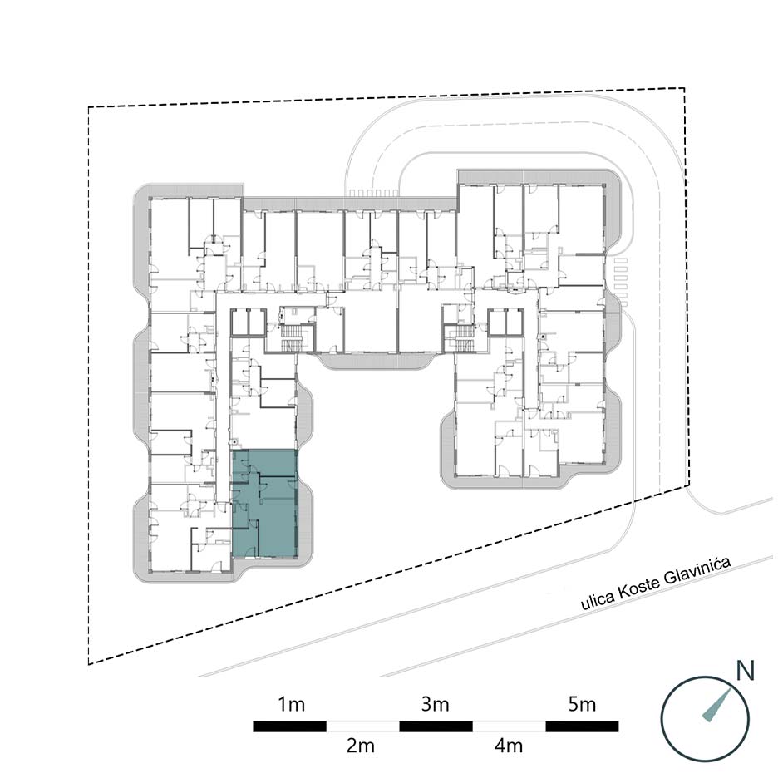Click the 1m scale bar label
click(x=291, y=704)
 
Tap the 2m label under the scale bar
click(x=360, y=746)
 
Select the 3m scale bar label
click(x=436, y=704)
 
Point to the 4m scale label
click(x=508, y=746)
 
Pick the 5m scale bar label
click(x=582, y=704)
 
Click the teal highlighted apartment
click(x=265, y=504)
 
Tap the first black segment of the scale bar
click(x=290, y=726)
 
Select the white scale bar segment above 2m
click(x=362, y=726)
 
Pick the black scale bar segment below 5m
click(x=582, y=726)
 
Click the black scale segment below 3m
click(x=436, y=726)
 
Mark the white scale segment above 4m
click(x=509, y=726)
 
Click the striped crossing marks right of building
click(x=621, y=282)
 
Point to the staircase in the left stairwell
click(x=288, y=337)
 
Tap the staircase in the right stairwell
click(x=463, y=337)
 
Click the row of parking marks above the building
click(x=373, y=193)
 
